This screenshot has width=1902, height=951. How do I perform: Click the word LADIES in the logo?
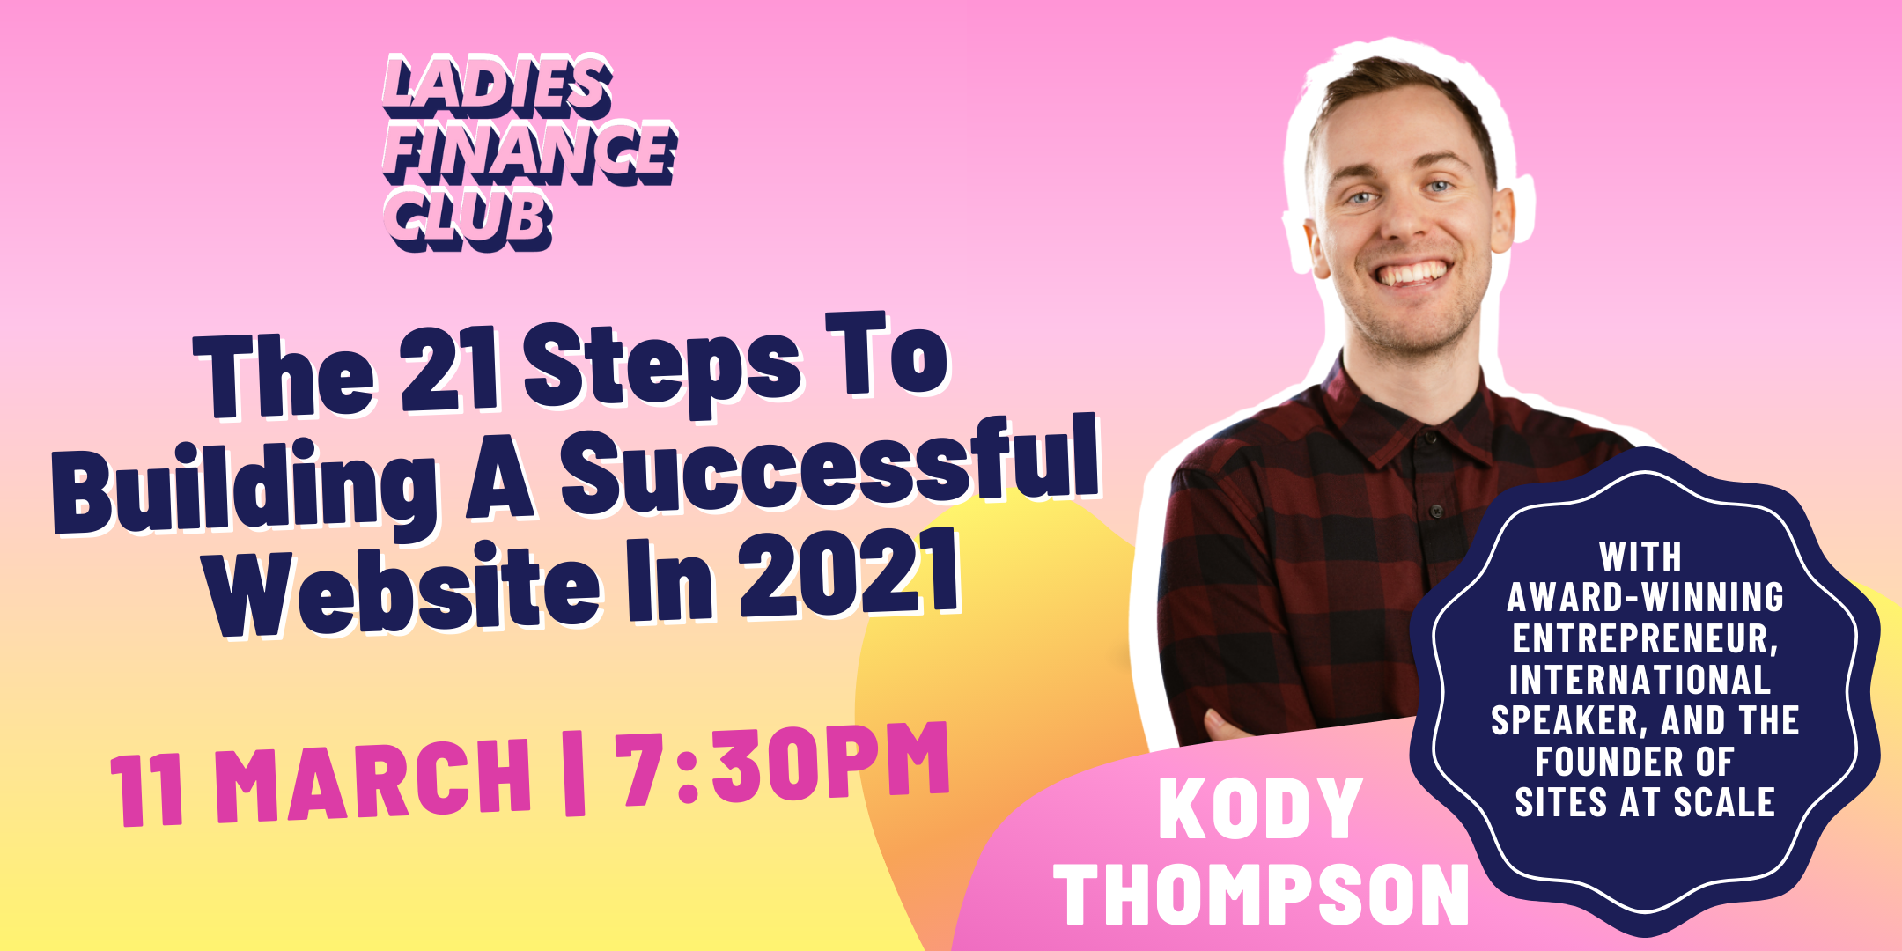point(498,86)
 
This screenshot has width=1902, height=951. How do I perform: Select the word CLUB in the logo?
point(468,220)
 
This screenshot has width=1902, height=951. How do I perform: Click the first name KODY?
point(1260,808)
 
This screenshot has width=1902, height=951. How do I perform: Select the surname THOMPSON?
point(1262,893)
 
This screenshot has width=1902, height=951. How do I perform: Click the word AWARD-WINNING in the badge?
point(1645,597)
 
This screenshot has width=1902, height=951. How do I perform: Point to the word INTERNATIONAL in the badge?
point(1640,679)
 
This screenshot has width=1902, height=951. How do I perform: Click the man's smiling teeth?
point(1413,272)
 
